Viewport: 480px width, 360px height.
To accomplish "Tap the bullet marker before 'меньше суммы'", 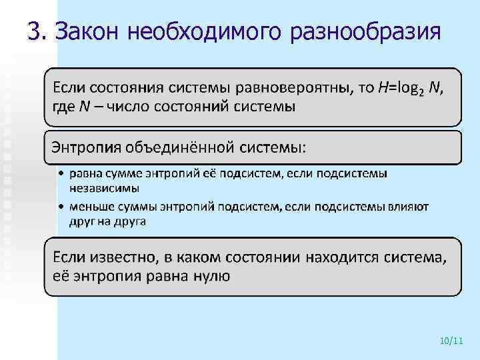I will tap(61, 207).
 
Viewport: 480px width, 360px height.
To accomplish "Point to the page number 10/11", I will tap(451, 341).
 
